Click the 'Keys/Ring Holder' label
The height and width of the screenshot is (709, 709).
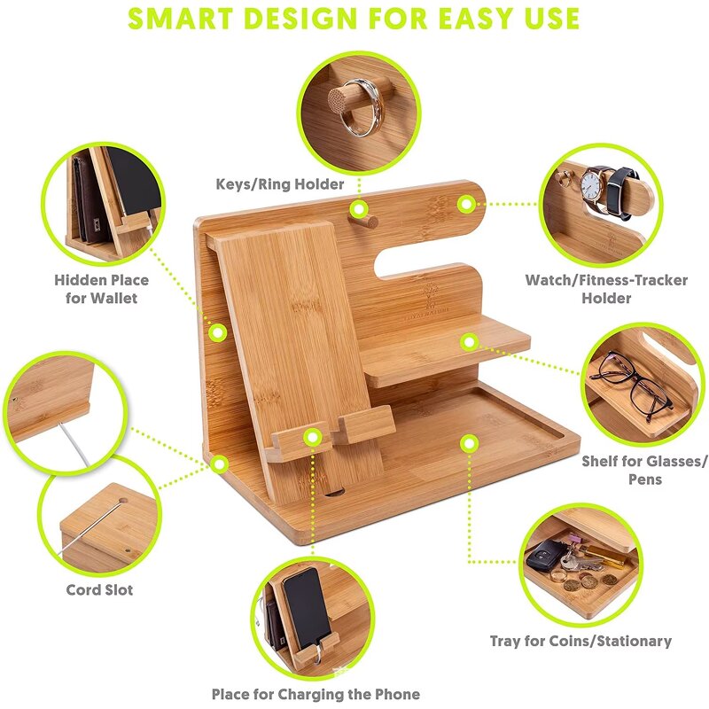[279, 184]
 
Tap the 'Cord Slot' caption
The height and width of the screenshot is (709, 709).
[99, 589]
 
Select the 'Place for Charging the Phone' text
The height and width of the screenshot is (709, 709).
[316, 694]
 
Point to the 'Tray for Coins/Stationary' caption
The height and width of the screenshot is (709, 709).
[580, 640]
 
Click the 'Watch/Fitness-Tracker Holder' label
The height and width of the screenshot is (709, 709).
[606, 289]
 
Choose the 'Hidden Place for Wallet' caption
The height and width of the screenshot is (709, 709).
[101, 289]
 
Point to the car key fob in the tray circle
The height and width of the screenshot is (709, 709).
[542, 558]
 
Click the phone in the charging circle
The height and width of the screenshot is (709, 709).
[306, 607]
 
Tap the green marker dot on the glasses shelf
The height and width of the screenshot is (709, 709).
[469, 340]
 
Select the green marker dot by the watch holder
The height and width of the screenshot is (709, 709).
[465, 204]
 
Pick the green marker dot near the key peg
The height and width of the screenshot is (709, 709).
[358, 210]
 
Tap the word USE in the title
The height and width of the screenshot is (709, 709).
[547, 18]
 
